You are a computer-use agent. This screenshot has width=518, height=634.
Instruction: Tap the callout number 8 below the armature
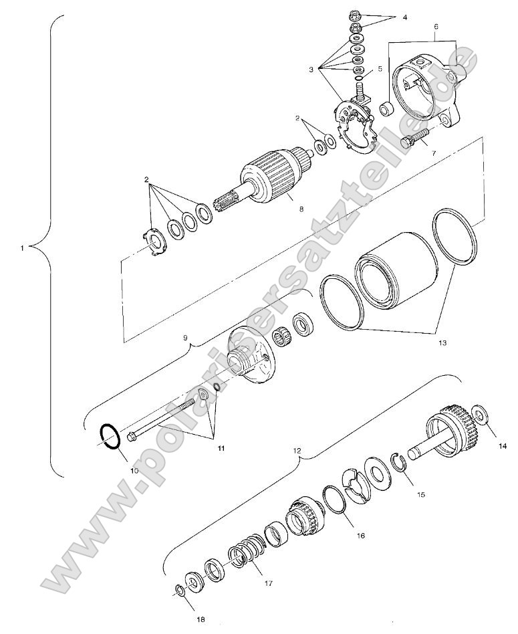[x=301, y=209]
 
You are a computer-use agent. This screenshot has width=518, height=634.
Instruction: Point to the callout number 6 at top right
[x=436, y=27]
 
